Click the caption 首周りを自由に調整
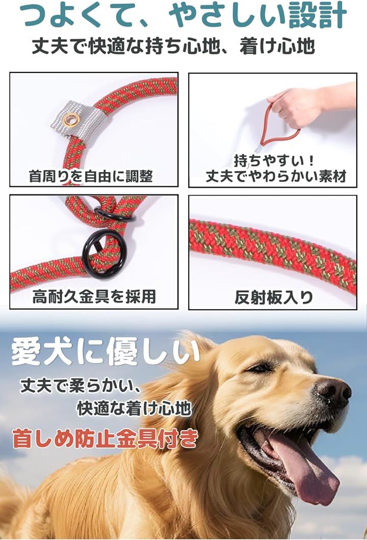(x=91, y=177)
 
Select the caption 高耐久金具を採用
(x=94, y=296)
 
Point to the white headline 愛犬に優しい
(x=105, y=353)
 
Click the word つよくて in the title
(x=82, y=16)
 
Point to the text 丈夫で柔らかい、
(x=81, y=386)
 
